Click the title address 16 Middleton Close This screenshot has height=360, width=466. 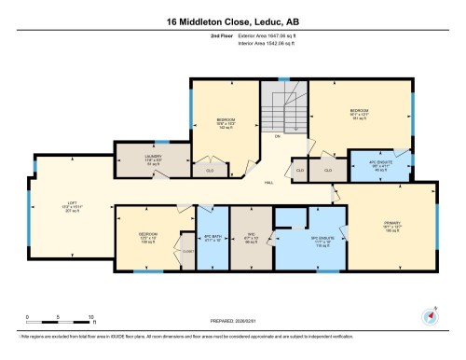232,21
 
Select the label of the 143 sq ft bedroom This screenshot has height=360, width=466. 225,123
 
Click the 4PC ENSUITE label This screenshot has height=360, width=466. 373,163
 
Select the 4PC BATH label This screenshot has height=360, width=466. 212,238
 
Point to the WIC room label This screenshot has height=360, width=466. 251,237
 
